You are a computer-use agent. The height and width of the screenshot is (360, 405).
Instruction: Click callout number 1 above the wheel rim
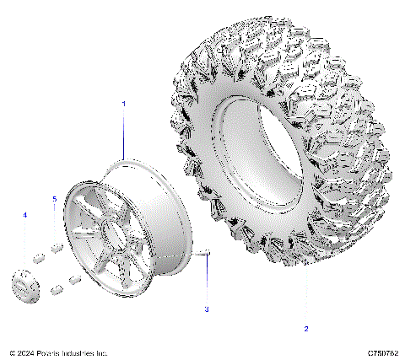(123, 103)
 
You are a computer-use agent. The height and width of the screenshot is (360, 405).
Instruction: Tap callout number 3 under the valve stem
(206, 309)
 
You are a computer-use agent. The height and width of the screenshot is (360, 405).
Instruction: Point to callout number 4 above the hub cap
(24, 216)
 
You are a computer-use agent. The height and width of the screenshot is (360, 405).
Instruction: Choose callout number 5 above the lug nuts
(55, 199)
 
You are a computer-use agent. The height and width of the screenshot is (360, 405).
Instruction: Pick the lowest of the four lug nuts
(57, 290)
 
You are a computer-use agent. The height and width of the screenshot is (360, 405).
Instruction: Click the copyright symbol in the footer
(12, 352)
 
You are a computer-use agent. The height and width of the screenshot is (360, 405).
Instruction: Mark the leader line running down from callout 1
(123, 135)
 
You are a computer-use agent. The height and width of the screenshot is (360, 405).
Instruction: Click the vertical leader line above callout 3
(206, 282)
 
